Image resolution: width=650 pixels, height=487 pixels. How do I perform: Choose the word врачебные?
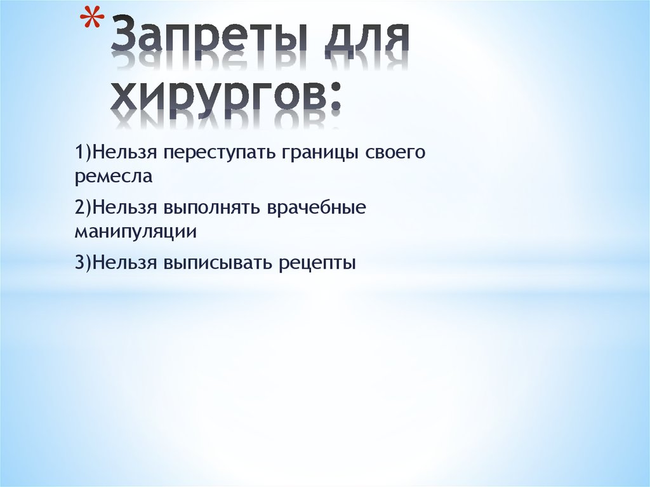tap(317, 208)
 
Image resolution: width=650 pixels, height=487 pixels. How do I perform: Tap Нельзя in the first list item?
tap(124, 154)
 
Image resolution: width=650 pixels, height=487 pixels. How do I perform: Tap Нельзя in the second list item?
tap(124, 208)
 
